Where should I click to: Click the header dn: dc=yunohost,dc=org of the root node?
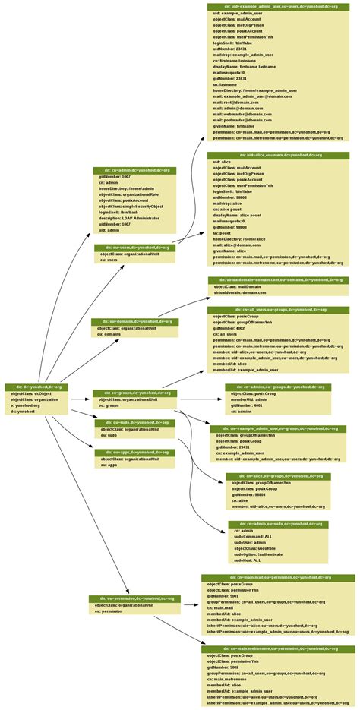[36, 387]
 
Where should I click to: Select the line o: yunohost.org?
[25, 405]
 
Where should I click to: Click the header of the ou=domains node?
[135, 321]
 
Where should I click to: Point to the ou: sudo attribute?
[109, 437]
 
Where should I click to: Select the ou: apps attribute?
[109, 465]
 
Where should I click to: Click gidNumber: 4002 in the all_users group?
[231, 328]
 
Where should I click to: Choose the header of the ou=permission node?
[134, 598]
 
